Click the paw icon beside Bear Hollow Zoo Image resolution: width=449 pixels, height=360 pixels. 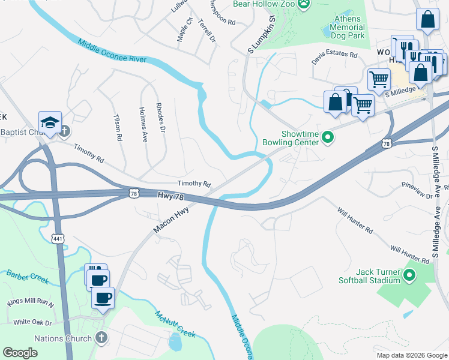point(306,4)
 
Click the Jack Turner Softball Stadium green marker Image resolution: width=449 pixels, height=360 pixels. point(410,276)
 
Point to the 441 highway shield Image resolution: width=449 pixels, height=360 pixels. point(58,238)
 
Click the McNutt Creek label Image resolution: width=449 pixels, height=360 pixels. point(175,324)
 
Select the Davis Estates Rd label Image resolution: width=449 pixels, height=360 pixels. point(334,58)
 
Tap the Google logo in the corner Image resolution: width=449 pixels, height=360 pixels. point(20,352)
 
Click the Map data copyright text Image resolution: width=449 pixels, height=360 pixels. point(411,355)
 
